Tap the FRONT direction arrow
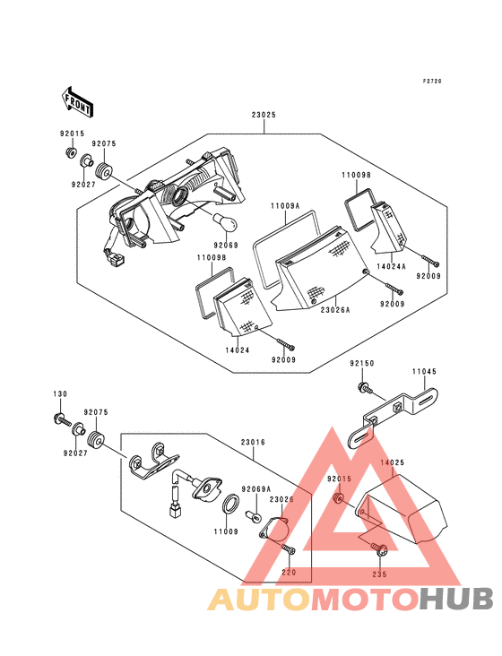78,102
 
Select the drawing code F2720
433,82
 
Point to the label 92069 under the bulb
226,245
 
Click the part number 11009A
284,205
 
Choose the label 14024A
391,266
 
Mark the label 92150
361,365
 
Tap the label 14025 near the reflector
392,462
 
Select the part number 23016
254,443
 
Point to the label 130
59,395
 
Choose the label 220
288,572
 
